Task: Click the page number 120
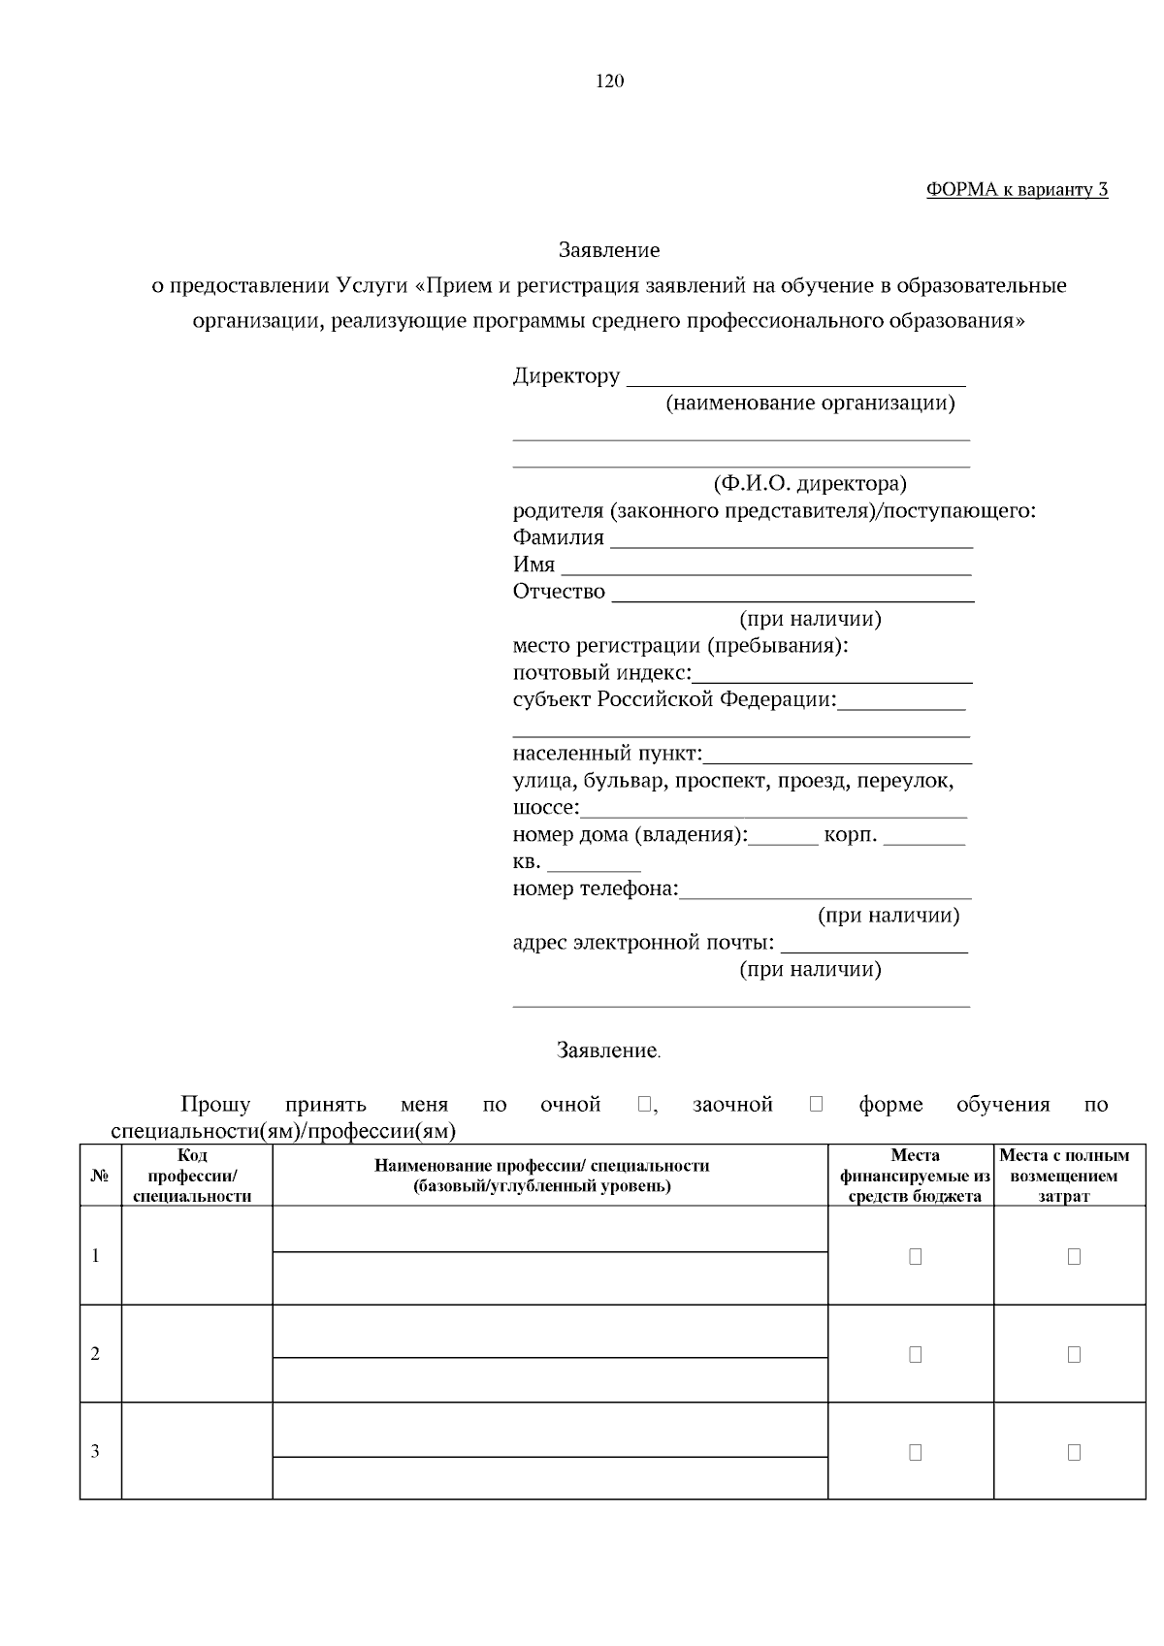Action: click(609, 81)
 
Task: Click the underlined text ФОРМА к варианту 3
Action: click(1017, 190)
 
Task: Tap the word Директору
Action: click(566, 376)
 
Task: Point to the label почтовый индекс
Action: click(601, 672)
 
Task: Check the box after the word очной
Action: click(645, 1104)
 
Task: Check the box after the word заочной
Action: click(816, 1104)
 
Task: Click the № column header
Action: click(99, 1176)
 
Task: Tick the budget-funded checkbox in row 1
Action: click(915, 1256)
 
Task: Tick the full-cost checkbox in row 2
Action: click(1074, 1354)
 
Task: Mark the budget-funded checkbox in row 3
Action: click(915, 1452)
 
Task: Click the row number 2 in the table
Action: click(95, 1354)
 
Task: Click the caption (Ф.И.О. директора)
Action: click(809, 483)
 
